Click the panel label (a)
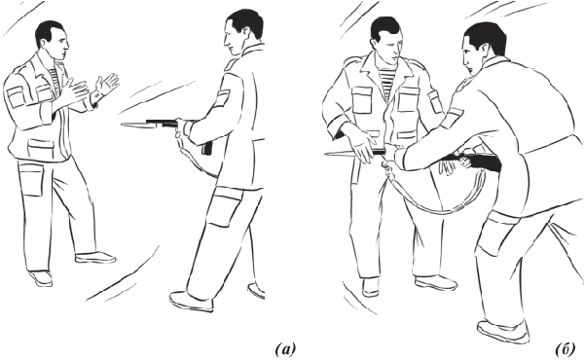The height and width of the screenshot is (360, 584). coord(285,349)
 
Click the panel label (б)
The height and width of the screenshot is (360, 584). coord(566,349)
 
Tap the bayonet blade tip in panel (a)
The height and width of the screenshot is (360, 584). coord(123,125)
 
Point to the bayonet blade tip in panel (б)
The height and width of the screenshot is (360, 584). coord(326,153)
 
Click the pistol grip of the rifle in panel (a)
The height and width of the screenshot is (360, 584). coord(207,148)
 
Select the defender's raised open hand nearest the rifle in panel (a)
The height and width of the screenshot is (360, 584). coord(107,83)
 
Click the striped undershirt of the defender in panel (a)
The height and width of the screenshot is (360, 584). coord(55,79)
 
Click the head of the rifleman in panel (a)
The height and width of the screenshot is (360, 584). coord(241,32)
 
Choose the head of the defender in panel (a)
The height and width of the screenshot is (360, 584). coord(52,40)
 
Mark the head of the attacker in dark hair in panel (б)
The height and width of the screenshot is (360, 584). coord(483,47)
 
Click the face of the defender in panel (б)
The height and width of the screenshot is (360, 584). coord(390,50)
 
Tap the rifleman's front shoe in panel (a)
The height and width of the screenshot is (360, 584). coord(192,301)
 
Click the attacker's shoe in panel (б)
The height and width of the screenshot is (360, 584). coord(503,331)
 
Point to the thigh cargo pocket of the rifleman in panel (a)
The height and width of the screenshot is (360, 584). coord(224,206)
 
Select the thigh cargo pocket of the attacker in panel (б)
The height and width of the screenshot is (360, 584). coord(494,234)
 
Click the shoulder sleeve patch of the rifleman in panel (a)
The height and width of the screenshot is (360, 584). coord(222,98)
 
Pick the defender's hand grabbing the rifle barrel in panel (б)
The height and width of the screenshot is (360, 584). coord(363,149)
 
